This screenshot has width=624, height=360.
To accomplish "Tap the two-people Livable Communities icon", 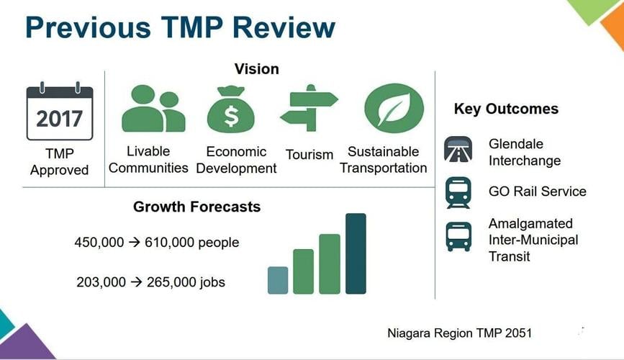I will coord(153,109).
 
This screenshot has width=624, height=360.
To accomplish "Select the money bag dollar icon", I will coord(231,109).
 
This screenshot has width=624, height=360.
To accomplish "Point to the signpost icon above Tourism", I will coord(309,109).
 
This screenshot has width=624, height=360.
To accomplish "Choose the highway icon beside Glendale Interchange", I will coord(458,151).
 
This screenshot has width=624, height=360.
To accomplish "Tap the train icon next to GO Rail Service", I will coord(458,192).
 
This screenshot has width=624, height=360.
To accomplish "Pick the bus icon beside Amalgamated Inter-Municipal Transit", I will coord(458,235).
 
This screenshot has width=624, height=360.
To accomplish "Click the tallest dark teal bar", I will coord(356,253).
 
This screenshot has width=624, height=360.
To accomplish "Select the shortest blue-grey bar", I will coord(278,280).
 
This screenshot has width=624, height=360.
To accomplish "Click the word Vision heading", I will coord(256,69).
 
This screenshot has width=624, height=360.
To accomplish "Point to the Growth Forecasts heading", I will coord(196,207).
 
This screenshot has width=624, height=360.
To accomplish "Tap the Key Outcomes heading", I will coord(506,109).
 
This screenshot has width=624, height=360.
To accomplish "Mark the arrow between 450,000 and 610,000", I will coord(135,243).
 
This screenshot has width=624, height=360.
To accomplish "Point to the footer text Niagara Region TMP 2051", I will coord(459,333).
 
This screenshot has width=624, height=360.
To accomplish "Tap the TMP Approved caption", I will coord(59,162).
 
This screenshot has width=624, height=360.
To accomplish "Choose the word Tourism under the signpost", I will coord(309,155).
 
